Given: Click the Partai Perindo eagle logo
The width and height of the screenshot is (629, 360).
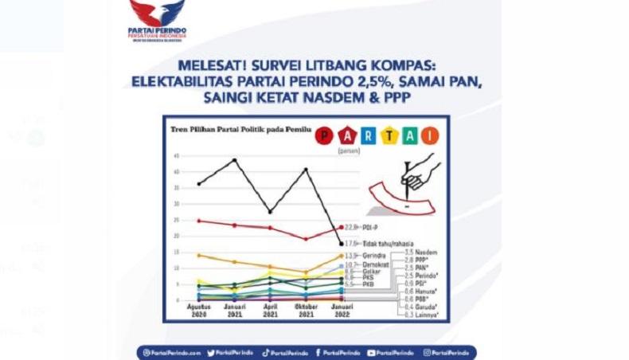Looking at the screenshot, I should pyautogui.click(x=157, y=14).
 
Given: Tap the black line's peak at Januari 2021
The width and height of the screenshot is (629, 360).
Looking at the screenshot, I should pyautogui.click(x=234, y=159).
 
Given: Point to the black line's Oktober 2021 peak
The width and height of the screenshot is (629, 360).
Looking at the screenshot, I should pyautogui.click(x=306, y=169).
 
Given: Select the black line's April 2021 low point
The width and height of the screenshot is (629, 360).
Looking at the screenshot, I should pyautogui.click(x=270, y=212).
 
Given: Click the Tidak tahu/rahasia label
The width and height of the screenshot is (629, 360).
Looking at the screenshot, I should pyautogui.click(x=378, y=243).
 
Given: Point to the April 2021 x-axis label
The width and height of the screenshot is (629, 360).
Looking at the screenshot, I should pyautogui.click(x=270, y=309).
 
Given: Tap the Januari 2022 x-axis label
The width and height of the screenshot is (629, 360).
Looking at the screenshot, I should pyautogui.click(x=341, y=309).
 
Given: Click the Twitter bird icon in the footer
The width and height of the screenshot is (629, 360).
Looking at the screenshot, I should pyautogui.click(x=212, y=352).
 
